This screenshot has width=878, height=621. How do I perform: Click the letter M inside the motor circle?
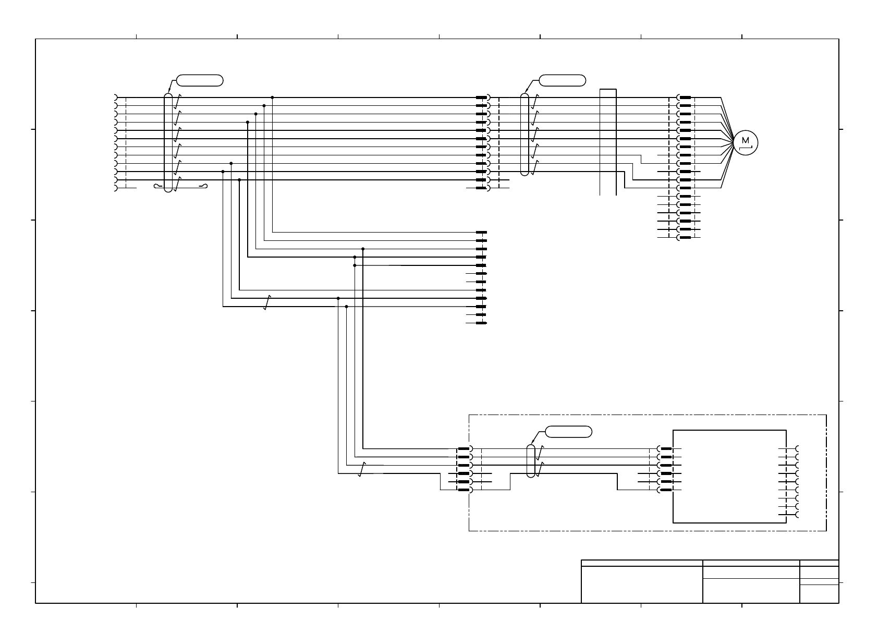point(745,140)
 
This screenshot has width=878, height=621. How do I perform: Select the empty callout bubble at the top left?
point(200,80)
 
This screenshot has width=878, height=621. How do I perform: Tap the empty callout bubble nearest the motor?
point(562,80)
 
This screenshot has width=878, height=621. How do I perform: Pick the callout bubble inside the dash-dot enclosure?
point(568,432)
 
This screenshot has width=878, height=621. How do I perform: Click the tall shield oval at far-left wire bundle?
point(168,142)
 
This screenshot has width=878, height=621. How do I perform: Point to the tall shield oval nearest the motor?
point(525,134)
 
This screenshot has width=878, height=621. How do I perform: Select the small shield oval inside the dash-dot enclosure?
point(531,461)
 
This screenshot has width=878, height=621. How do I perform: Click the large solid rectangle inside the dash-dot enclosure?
point(729,476)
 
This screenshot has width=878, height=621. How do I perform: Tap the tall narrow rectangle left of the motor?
point(608,142)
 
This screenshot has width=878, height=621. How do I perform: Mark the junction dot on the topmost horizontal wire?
point(272,98)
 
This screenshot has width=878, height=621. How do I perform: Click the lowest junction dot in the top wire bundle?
point(239,180)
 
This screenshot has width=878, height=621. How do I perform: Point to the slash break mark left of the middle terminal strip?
point(267,302)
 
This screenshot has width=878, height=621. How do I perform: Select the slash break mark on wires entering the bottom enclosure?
point(361,469)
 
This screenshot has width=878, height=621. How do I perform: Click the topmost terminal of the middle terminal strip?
point(481,232)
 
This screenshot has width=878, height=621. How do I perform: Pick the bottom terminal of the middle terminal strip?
point(481,323)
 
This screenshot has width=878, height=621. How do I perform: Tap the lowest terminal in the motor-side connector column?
point(685,237)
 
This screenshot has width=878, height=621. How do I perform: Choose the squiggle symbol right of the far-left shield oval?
point(203,186)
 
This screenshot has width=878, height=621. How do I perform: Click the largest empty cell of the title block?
point(642,585)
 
